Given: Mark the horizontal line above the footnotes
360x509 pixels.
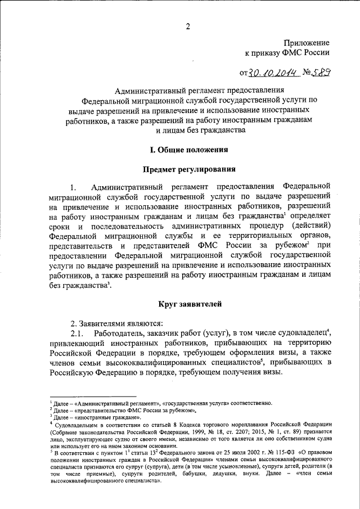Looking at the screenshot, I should click(x=93, y=397).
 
